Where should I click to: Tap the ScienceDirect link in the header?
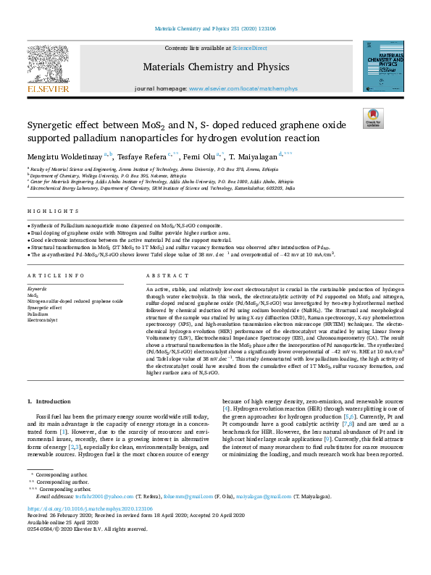click(x=250, y=48)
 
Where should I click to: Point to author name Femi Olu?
click(x=197, y=156)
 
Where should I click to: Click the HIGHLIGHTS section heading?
click(x=53, y=211)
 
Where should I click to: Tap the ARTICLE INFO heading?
click(x=56, y=276)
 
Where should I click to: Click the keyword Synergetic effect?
click(x=45, y=308)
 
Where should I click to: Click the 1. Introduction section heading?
click(x=50, y=401)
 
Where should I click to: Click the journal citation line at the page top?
click(x=214, y=29)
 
